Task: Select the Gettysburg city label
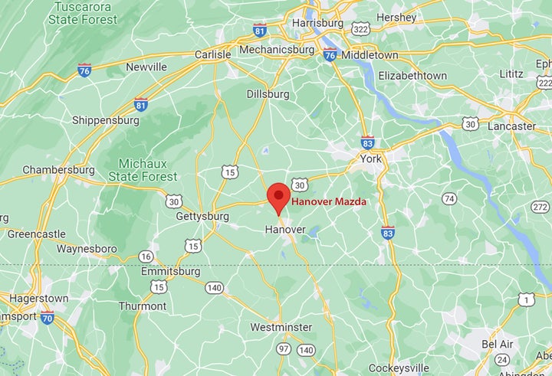[x=202, y=217]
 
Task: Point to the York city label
[x=370, y=159]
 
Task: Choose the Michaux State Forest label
[x=148, y=169]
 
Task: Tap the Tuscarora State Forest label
[x=83, y=13]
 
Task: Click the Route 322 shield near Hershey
[x=360, y=28]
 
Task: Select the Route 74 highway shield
[x=449, y=198]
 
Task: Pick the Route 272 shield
[x=540, y=207]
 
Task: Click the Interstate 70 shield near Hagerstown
[x=48, y=318]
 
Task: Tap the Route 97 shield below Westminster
[x=284, y=349]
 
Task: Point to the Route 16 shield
[x=146, y=257]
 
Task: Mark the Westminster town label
[x=281, y=327]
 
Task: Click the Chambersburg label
[x=58, y=169]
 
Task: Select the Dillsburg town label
[x=268, y=93]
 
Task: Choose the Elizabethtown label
[x=412, y=75]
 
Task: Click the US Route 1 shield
[x=526, y=299]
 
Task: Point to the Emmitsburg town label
[x=170, y=272]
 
